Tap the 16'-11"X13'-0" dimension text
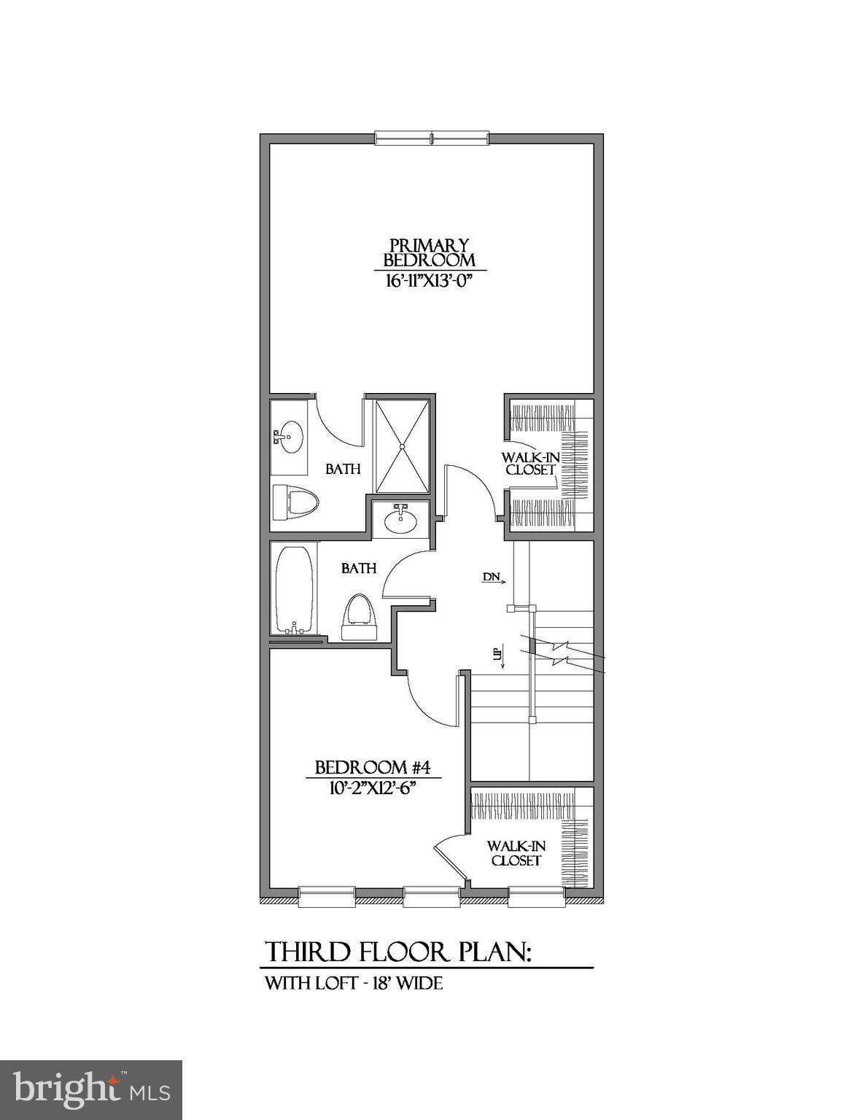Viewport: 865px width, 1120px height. pos(430,281)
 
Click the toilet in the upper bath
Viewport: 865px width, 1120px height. pos(298,502)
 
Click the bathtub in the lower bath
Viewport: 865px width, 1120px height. pos(294,590)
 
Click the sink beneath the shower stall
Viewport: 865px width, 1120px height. pos(401,520)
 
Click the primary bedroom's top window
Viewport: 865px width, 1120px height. pos(431,139)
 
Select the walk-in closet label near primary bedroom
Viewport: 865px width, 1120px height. pos(530,464)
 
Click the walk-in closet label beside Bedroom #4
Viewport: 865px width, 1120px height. pos(516,853)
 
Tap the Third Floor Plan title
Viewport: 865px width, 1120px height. pos(398,952)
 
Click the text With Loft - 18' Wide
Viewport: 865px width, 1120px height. pos(354,983)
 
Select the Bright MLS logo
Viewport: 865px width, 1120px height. pos(91,1090)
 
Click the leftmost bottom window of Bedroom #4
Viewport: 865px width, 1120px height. pos(326,896)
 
